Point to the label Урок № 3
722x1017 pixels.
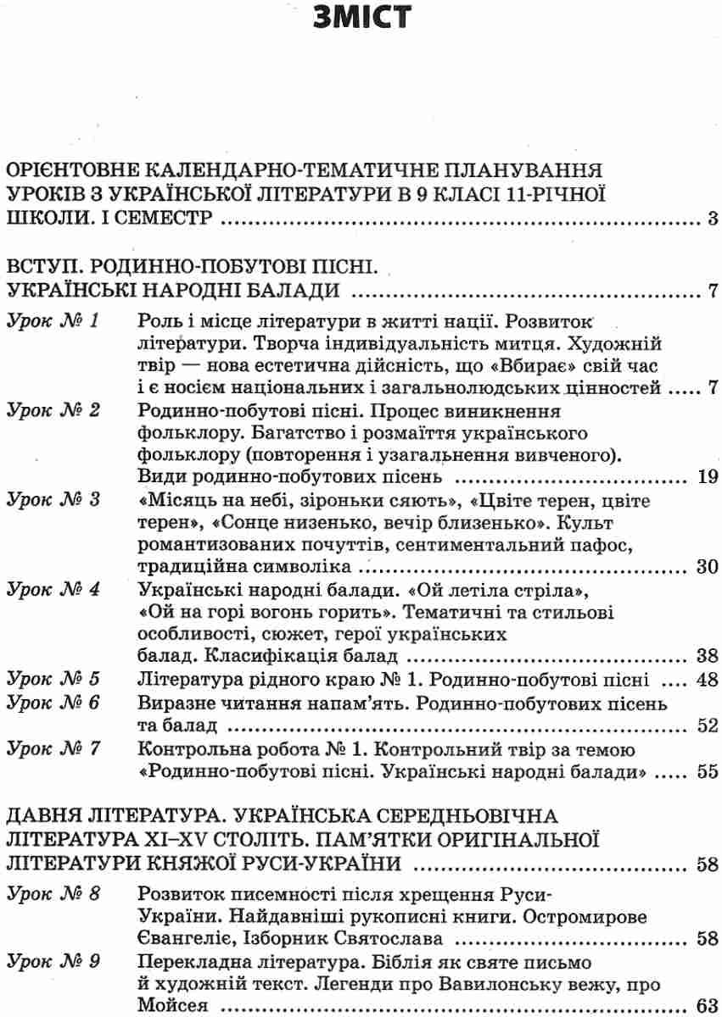53,500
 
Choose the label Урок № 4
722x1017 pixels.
53,589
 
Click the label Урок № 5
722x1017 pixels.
53,679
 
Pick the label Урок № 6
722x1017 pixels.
53,703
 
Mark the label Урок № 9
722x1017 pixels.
53,962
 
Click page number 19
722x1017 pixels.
708,476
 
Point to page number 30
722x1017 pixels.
708,566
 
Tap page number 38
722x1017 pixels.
708,656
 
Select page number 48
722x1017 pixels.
708,679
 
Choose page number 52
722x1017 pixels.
708,725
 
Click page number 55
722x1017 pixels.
708,772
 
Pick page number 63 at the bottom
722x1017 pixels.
708,1007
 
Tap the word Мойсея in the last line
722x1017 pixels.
172,1007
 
